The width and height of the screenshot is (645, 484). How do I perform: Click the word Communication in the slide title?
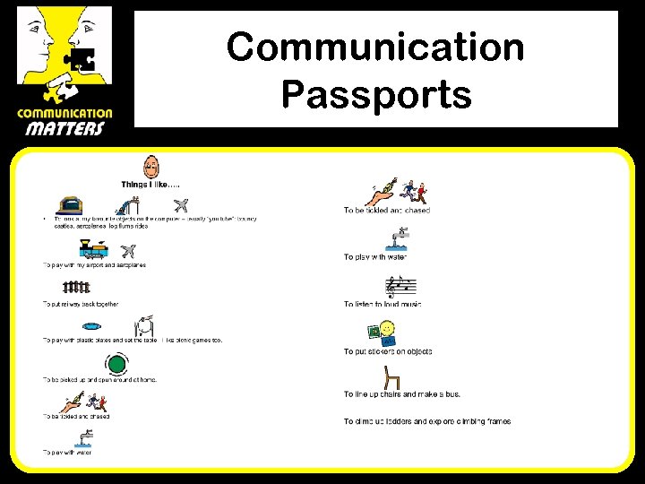pos(375,47)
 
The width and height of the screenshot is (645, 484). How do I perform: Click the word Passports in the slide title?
pos(375,93)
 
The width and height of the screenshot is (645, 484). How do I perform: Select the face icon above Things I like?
pos(152,166)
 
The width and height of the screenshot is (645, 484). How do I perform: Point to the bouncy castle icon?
pos(72,205)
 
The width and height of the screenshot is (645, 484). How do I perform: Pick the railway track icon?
pos(76,288)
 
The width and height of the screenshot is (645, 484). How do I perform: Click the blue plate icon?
pos(105,326)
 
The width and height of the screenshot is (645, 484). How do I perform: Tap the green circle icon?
pos(116,365)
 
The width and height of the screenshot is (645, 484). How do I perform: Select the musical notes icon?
pos(400,287)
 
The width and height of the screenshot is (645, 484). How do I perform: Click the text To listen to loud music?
pos(383,305)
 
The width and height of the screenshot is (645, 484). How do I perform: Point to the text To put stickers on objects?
pos(388,352)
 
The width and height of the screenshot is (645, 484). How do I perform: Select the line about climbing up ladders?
pos(427,421)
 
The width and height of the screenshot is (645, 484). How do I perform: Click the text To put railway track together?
pos(81,305)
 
